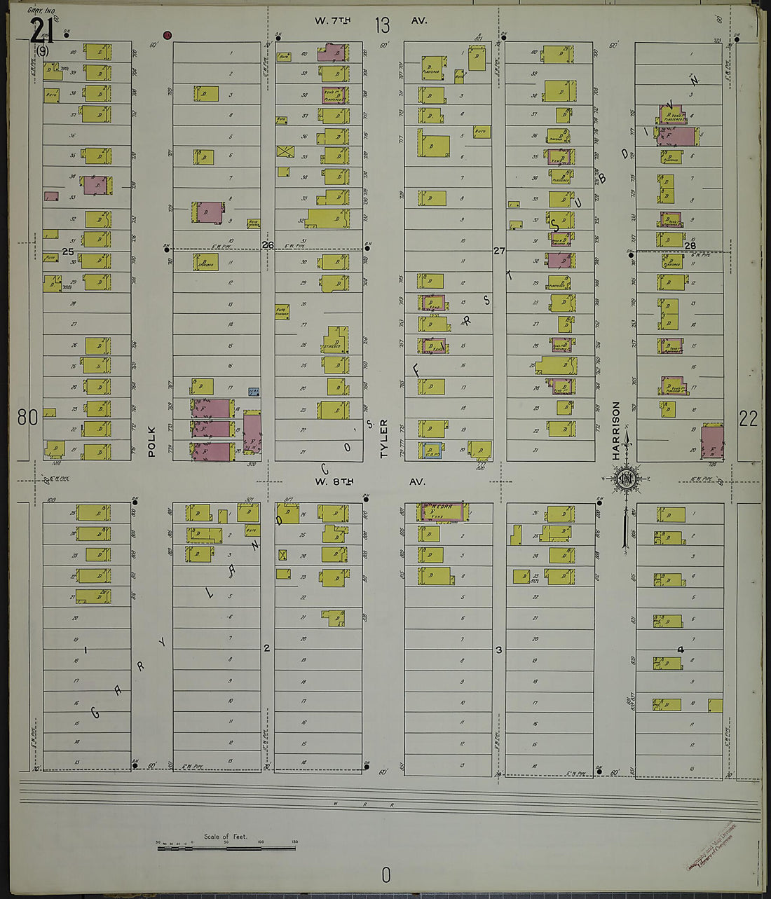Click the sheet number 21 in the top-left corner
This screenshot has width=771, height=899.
(39, 29)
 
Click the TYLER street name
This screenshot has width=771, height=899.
(383, 439)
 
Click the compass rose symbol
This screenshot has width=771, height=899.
(623, 480)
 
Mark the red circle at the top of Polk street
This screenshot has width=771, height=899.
(167, 35)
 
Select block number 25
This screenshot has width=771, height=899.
(68, 251)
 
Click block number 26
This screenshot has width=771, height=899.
(267, 245)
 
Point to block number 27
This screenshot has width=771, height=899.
(498, 250)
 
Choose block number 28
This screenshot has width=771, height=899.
(690, 245)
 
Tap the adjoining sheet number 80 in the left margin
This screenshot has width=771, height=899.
(27, 418)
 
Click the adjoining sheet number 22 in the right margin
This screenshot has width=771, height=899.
(748, 418)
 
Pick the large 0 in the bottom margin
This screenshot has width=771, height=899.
(385, 874)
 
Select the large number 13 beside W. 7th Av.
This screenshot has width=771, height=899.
(382, 26)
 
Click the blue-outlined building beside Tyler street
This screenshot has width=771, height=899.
(431, 451)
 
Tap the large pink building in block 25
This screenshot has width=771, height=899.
(97, 185)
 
